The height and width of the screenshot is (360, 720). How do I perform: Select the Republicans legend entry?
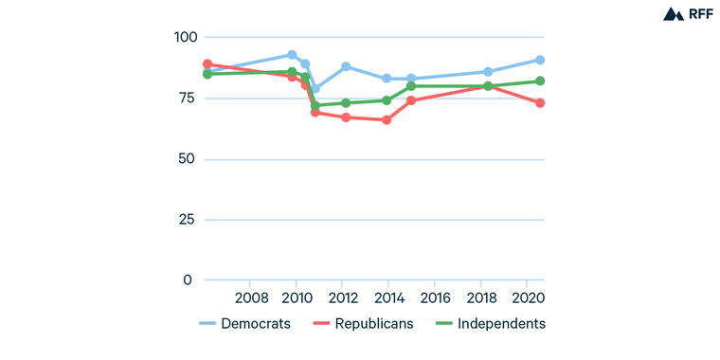[362, 323]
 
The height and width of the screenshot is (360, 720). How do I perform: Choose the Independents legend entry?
[489, 323]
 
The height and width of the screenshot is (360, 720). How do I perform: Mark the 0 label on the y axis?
[188, 280]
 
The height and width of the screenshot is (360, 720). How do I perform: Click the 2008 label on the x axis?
[250, 297]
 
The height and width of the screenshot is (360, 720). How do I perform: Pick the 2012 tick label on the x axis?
[343, 297]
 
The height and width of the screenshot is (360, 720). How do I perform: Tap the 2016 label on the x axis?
[436, 297]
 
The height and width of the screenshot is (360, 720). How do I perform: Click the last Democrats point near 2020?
[540, 60]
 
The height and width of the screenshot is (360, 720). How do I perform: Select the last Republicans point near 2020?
[540, 102]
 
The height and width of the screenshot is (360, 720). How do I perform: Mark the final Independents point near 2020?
[540, 81]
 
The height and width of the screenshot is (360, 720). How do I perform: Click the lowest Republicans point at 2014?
[387, 120]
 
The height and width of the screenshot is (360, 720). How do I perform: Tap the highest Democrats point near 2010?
[292, 55]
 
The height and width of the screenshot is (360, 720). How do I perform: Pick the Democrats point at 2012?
[346, 66]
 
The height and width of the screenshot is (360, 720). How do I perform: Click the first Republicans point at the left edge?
[207, 64]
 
